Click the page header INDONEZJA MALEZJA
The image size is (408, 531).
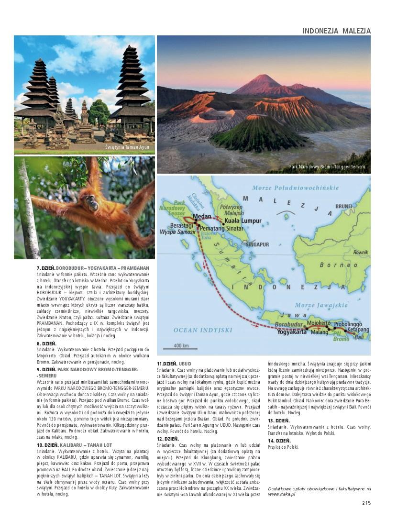coord(336,31)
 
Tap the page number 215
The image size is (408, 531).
coord(366,502)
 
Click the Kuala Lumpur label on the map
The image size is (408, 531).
coord(243,221)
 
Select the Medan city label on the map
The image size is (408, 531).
coord(201,216)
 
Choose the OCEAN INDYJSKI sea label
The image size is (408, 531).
coord(196,330)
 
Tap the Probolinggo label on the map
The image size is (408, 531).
coord(348,324)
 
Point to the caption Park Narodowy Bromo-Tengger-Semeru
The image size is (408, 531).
coord(327,167)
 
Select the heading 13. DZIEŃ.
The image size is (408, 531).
coord(279,420)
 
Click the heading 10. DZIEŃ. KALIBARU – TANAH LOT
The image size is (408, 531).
coord(74,445)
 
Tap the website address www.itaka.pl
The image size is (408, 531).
coord(282,494)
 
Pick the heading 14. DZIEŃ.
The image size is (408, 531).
coord(279,441)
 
